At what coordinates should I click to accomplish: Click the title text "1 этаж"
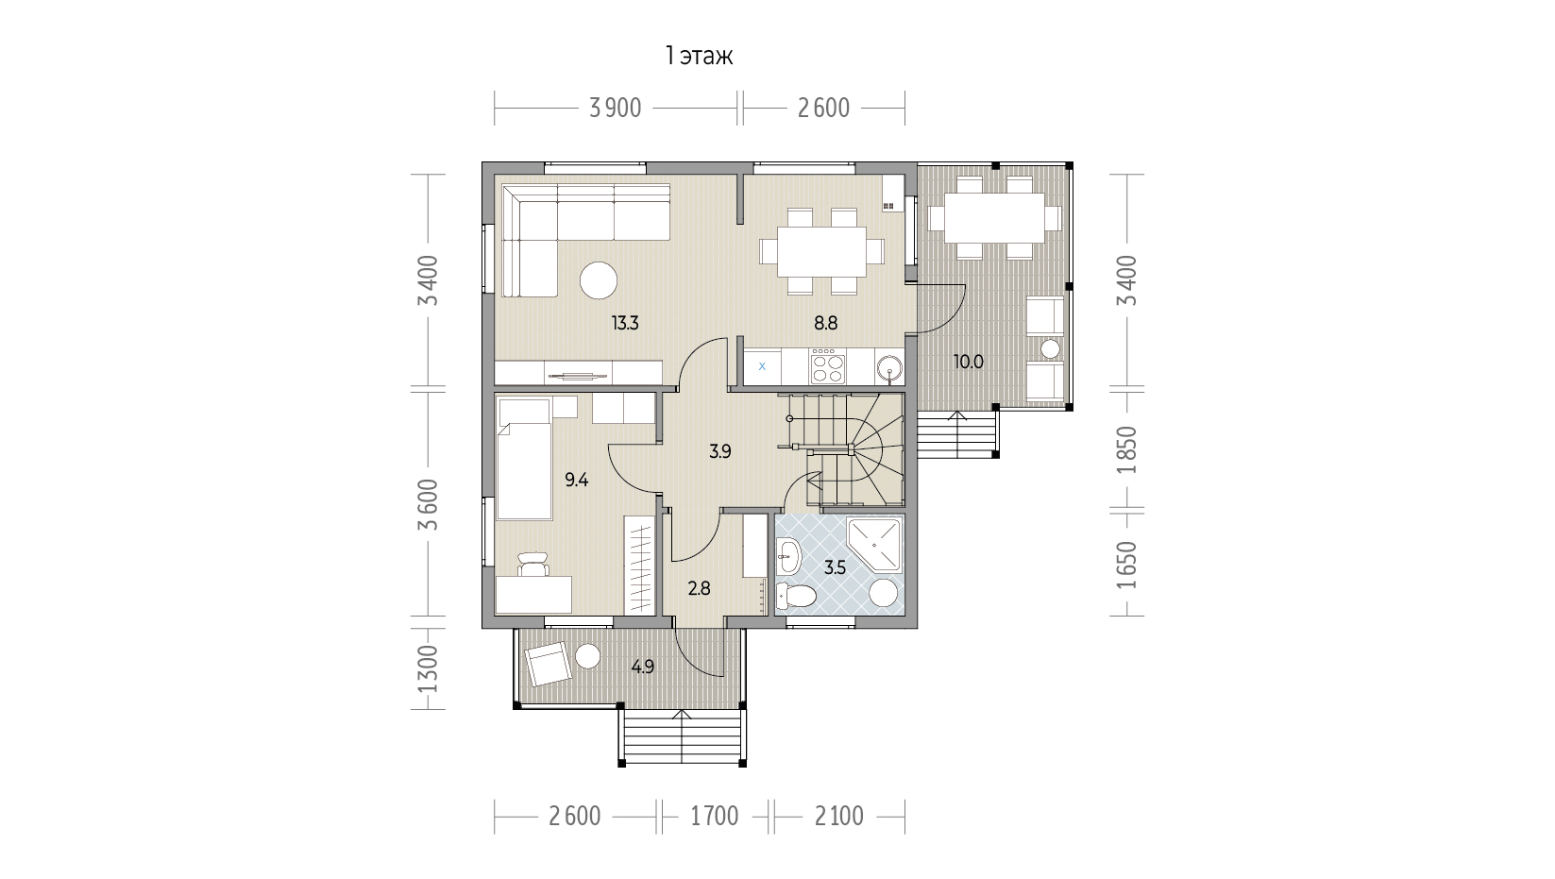(699, 57)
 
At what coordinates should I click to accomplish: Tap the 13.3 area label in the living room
(625, 323)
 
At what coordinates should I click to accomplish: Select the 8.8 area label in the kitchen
(826, 323)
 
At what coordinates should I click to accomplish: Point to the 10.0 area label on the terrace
(969, 362)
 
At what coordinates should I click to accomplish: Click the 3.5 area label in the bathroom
(836, 568)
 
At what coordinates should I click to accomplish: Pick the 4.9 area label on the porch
(643, 668)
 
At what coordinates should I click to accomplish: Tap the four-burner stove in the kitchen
(828, 366)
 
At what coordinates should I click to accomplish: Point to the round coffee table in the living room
(599, 279)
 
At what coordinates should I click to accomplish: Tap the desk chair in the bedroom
(532, 564)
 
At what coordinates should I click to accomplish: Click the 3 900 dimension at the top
(615, 109)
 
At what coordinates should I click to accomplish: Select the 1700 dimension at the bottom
(715, 817)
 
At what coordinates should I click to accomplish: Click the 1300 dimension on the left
(429, 668)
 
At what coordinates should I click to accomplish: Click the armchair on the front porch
(549, 664)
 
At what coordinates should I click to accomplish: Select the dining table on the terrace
(995, 217)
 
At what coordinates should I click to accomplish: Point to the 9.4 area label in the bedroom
(576, 480)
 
